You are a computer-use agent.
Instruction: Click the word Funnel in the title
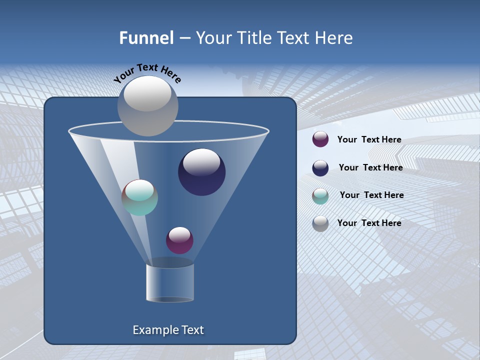pos(146,38)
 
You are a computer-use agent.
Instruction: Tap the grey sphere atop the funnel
pos(147,105)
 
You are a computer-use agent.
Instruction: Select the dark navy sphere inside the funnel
pos(201,172)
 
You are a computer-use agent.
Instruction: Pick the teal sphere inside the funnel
pos(139,197)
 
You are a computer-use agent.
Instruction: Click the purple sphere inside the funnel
pos(179,240)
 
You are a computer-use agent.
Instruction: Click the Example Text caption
pos(168,330)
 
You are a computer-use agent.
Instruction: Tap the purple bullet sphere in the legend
pos(320,139)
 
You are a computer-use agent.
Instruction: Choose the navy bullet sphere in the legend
pos(320,168)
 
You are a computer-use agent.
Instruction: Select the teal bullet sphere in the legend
pos(320,196)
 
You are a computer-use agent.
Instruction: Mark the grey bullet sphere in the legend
pos(320,223)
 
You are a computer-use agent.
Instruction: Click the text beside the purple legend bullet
pos(369,139)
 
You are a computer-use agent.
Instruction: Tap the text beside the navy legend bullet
pos(370,167)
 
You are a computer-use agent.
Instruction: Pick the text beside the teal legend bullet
pos(371,195)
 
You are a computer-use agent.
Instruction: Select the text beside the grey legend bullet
pos(369,223)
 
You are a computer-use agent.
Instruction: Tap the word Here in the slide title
pos(334,38)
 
